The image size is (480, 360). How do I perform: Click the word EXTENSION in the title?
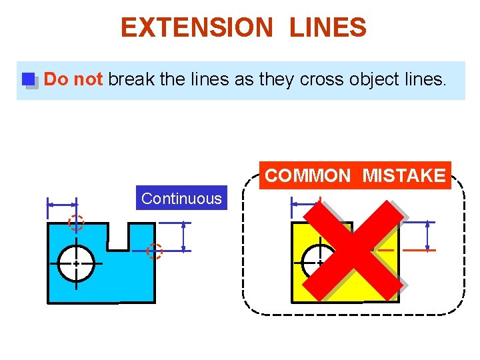[x=196, y=28]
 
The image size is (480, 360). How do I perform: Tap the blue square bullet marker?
[x=29, y=80]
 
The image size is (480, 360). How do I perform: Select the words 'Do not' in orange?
[x=73, y=79]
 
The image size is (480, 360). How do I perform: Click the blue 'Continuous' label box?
[x=181, y=198]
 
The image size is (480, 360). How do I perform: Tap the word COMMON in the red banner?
[x=307, y=176]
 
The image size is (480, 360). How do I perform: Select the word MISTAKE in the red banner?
[x=403, y=176]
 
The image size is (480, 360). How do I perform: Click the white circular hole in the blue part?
[x=76, y=263]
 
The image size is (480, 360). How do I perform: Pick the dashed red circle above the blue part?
[x=76, y=223]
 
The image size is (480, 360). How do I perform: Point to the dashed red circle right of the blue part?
[x=155, y=251]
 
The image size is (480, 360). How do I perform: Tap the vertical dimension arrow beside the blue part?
[x=183, y=237]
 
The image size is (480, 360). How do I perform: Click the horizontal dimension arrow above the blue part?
[x=62, y=204]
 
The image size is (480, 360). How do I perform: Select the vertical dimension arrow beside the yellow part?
[x=427, y=236]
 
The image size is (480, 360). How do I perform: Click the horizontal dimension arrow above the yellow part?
[x=305, y=204]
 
